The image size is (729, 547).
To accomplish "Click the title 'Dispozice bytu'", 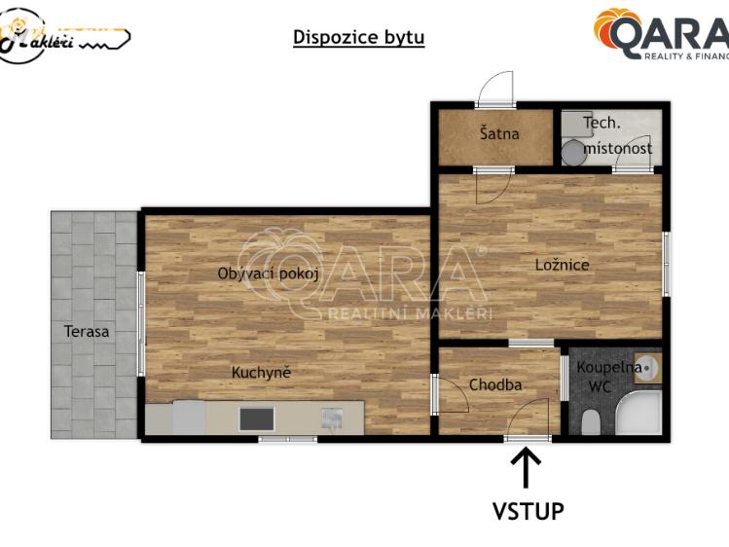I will [359, 38].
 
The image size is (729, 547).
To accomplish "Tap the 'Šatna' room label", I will [499, 134].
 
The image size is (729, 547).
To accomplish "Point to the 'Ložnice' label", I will [562, 265].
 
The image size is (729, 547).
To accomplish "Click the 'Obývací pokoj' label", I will [269, 273].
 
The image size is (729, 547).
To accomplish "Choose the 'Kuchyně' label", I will [261, 372].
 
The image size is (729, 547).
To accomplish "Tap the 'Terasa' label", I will [87, 331].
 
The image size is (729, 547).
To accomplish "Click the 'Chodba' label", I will [495, 384].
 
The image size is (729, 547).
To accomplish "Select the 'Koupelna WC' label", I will [608, 376].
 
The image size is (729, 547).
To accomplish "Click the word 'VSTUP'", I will [528, 510].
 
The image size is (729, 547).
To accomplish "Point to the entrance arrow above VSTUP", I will [527, 466].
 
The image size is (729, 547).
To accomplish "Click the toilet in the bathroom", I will [589, 422].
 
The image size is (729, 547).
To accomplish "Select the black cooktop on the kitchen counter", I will [256, 419].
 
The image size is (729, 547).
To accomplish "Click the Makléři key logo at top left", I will [64, 35].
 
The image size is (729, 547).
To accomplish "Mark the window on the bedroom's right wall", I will [666, 263].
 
